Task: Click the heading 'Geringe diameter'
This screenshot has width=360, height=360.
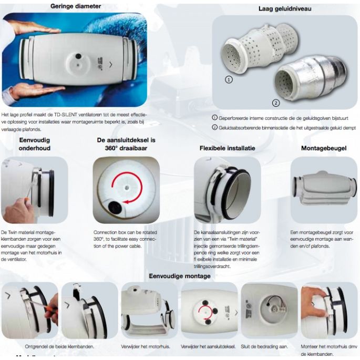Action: pyautogui.click(x=76, y=6)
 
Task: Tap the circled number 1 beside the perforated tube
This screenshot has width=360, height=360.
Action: pyautogui.click(x=229, y=80)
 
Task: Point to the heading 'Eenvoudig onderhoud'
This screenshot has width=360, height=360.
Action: pyautogui.click(x=34, y=145)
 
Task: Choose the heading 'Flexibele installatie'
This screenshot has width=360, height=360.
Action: pyautogui.click(x=227, y=148)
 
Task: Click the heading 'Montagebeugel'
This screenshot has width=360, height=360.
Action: pyautogui.click(x=323, y=148)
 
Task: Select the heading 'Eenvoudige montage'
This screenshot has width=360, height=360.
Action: pyautogui.click(x=179, y=276)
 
